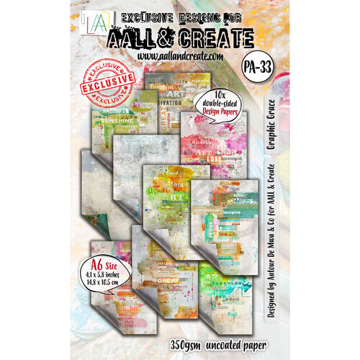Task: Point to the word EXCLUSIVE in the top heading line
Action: coord(120,13)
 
